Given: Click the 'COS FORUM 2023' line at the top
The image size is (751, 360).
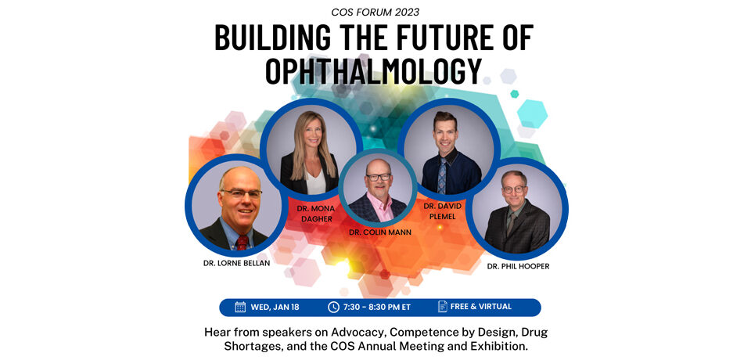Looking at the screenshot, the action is (375, 12).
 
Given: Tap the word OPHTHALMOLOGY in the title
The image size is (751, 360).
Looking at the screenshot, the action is (373, 71).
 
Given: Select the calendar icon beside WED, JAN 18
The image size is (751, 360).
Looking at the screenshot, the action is (240, 307).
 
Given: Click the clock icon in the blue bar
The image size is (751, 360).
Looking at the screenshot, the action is (333, 307).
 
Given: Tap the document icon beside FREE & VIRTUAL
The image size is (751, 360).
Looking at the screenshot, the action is (443, 306).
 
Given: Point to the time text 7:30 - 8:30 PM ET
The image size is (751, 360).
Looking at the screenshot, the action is (377, 308).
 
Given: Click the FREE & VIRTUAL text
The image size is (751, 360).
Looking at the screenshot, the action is (481, 306).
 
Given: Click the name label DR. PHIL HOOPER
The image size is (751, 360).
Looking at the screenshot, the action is (518, 267).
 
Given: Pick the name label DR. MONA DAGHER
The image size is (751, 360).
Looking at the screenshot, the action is (315, 214).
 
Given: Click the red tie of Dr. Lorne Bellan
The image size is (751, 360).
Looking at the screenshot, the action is (242, 243).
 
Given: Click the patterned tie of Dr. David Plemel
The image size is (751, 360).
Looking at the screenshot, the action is (441, 177).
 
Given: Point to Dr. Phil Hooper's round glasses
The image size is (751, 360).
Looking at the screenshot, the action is (514, 189).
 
